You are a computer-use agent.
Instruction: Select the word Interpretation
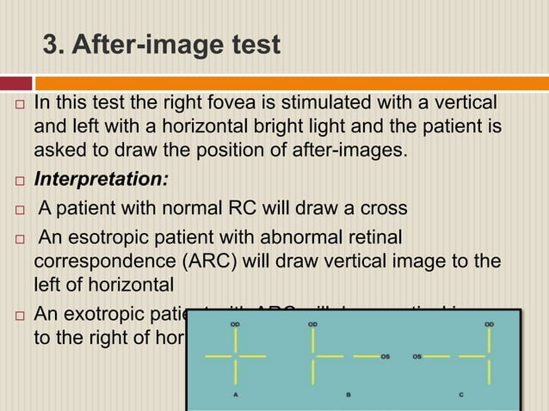click(102, 180)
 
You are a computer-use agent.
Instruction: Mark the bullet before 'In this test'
click(18, 108)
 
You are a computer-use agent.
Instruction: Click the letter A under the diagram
click(235, 395)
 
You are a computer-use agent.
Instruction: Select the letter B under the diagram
click(348, 395)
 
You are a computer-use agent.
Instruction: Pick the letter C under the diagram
click(461, 395)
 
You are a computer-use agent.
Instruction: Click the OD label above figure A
click(235, 324)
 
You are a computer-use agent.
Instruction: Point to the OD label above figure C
click(489, 324)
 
